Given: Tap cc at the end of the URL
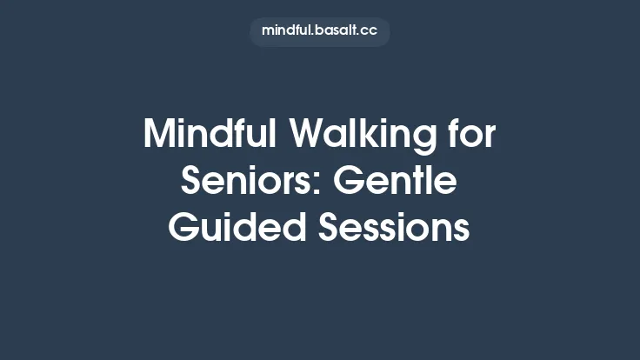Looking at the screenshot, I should tap(370, 30).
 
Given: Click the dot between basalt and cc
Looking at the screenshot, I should tap(360, 34).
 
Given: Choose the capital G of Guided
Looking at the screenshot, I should tap(183, 228).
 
